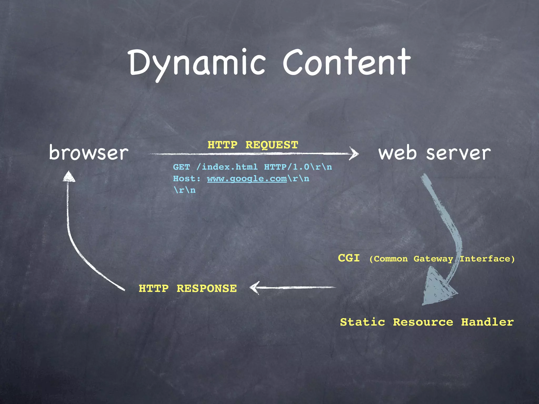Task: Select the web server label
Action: tap(434, 153)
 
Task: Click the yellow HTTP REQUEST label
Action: tap(253, 145)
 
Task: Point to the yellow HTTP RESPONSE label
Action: tap(188, 289)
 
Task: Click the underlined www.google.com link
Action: tap(247, 179)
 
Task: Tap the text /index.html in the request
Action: tap(227, 167)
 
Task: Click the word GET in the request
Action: tap(181, 167)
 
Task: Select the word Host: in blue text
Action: tap(187, 179)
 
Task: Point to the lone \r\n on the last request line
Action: tap(185, 190)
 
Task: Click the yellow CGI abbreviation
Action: tap(349, 258)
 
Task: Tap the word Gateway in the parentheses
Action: tap(433, 259)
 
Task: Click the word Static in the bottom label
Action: tap(362, 322)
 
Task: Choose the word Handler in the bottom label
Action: tap(487, 322)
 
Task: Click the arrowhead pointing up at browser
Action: tap(69, 176)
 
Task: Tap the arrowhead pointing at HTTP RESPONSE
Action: tap(254, 287)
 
